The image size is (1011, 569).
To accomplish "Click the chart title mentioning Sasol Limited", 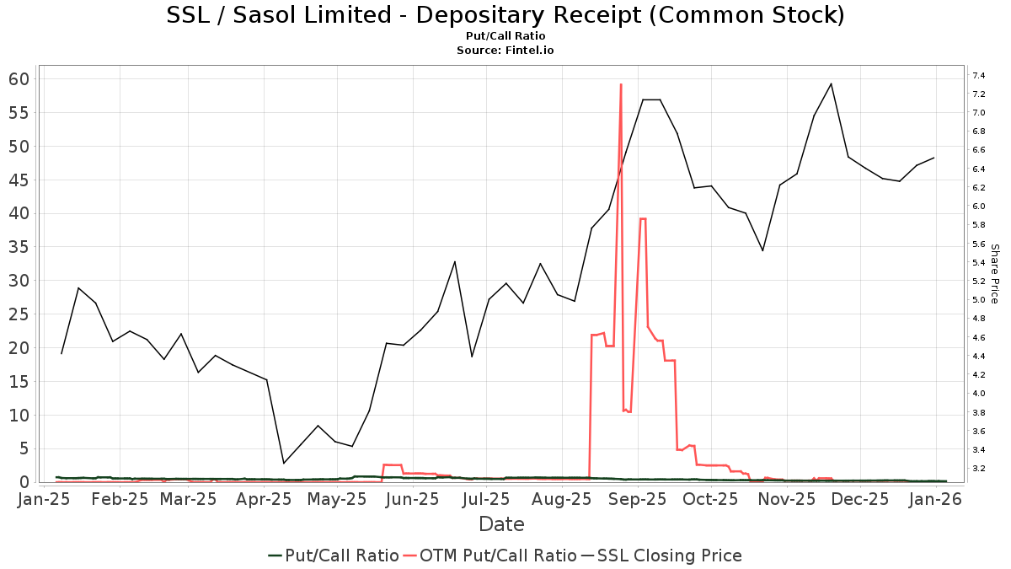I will click(x=505, y=15).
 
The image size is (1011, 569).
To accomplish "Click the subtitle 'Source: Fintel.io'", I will click(x=505, y=51).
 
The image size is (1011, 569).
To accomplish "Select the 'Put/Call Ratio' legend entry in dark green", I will click(x=334, y=556).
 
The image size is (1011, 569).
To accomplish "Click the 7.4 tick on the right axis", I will click(x=978, y=76).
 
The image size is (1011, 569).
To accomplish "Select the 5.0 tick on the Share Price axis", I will click(x=978, y=300).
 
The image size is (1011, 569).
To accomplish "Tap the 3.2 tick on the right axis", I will click(x=978, y=469).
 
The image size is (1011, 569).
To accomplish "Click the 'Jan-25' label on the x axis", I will click(x=42, y=499).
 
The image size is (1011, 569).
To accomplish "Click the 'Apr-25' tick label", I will click(x=264, y=499).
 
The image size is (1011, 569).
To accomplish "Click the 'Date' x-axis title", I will click(x=501, y=524).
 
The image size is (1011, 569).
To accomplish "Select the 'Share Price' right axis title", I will click(x=994, y=274).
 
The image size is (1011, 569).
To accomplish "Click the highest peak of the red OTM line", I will click(x=621, y=84).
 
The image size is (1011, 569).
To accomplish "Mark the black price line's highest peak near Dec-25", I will click(x=832, y=83).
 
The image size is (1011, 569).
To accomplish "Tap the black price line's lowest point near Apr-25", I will click(x=284, y=463).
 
